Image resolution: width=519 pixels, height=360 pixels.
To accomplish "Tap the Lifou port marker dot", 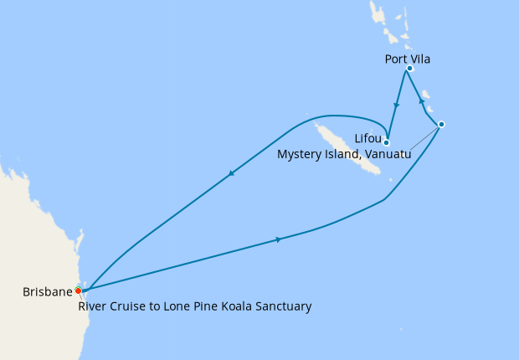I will (x=387, y=142).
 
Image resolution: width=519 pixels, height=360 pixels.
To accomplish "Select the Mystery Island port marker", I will (x=441, y=124).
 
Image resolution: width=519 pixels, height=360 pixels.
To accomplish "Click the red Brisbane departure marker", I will (x=78, y=291).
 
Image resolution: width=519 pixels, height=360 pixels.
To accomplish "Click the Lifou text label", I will (x=368, y=137).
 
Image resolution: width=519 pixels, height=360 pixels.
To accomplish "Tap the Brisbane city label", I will (x=47, y=292).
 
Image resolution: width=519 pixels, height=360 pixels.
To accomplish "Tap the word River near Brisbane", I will (x=94, y=306).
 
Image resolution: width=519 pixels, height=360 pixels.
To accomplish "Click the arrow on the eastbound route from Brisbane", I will (x=277, y=239).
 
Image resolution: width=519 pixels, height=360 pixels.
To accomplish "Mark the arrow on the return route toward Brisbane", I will (x=230, y=173).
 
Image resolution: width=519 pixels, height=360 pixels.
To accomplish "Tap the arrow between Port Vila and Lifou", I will (x=396, y=106).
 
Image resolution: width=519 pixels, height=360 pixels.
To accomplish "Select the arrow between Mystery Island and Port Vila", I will (x=421, y=101).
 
